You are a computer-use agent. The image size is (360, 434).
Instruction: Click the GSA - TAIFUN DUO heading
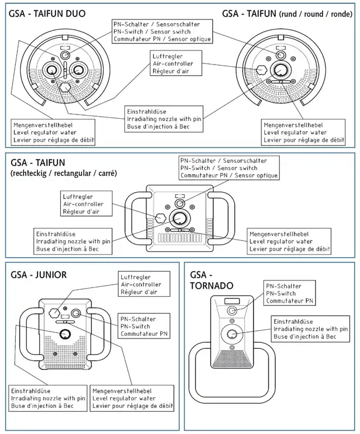tap(47, 14)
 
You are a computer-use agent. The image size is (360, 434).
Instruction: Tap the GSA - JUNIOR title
tap(39, 275)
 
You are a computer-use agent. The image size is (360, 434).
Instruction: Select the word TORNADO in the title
tap(211, 286)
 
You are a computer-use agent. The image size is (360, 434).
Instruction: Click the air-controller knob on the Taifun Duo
tap(65, 87)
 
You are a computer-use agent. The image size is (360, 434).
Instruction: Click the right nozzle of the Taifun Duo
tap(78, 70)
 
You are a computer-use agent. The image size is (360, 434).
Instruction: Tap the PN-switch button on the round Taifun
tap(281, 55)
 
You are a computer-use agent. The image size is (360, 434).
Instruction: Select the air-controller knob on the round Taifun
tap(261, 69)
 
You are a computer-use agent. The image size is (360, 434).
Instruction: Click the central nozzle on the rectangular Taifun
tap(180, 219)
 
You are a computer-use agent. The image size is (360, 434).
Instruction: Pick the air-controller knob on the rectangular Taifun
tap(160, 218)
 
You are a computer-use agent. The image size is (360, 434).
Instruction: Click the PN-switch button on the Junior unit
tap(75, 314)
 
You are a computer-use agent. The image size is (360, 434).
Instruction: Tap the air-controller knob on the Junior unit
tap(54, 313)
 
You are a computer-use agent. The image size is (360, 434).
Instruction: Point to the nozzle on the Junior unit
tap(65, 334)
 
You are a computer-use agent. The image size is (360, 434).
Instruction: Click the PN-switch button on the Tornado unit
tap(232, 310)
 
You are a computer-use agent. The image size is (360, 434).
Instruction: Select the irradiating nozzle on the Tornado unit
tap(232, 334)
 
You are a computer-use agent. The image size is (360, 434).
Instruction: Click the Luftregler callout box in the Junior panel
tap(144, 284)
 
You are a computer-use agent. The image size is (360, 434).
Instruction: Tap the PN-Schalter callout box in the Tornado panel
tap(289, 293)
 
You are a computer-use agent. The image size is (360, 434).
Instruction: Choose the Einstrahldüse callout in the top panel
tap(163, 119)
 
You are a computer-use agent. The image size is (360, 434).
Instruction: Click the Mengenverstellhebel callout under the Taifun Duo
tap(54, 132)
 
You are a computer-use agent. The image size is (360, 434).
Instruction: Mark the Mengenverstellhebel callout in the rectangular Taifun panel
tap(289, 241)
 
